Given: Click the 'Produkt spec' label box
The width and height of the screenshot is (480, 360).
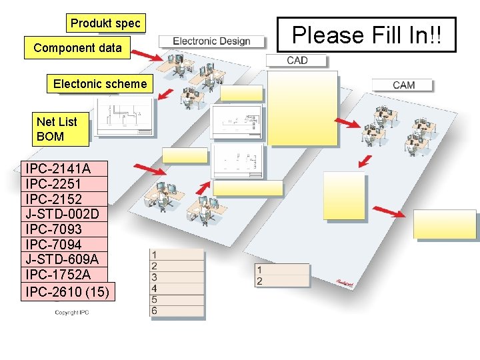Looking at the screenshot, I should (x=105, y=23).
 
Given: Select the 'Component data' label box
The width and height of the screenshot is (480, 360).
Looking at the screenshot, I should (x=77, y=48).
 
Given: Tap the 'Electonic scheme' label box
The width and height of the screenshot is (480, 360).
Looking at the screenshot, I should (x=99, y=84).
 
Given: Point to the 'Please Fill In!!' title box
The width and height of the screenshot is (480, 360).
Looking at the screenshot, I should (x=366, y=35).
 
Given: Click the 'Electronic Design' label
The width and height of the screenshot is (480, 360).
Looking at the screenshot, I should (x=211, y=41).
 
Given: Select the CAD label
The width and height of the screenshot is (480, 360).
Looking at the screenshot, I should (x=297, y=61).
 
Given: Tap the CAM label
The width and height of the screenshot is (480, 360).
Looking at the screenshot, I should (x=403, y=85).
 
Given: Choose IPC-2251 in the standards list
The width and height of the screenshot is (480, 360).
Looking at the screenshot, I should (x=53, y=184).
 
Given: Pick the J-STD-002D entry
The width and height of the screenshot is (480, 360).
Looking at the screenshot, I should (x=62, y=214).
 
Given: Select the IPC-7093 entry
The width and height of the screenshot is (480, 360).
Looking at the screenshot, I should (x=53, y=229).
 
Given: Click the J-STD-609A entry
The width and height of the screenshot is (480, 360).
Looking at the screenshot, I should (x=62, y=259).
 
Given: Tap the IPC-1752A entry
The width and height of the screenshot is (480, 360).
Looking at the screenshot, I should (x=58, y=275).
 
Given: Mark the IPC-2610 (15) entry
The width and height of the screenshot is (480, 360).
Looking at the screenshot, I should (x=67, y=292).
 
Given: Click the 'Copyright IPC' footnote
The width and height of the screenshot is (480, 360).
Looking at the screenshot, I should (x=71, y=313).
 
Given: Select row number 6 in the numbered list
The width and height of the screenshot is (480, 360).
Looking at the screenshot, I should (x=155, y=311).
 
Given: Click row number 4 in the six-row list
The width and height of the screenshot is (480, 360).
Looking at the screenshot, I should (x=155, y=288).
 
